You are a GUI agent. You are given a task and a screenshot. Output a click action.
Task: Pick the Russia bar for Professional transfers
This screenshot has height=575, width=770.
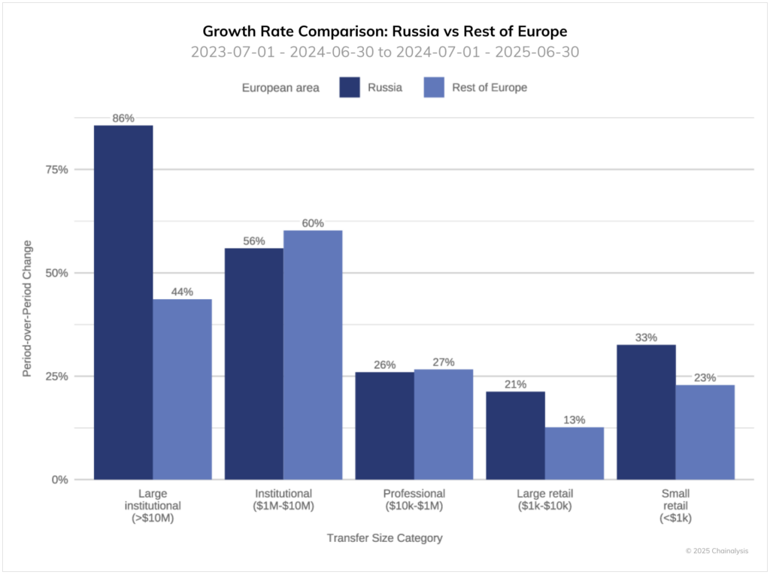click(x=384, y=425)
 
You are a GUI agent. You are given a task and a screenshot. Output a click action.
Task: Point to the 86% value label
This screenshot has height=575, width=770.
click(x=123, y=118)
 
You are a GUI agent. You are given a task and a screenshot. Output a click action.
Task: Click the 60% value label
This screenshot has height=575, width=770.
click(x=313, y=223)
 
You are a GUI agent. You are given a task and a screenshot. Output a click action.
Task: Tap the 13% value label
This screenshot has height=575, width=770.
click(x=574, y=419)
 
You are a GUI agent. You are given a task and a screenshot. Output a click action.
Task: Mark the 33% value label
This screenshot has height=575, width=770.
click(x=646, y=337)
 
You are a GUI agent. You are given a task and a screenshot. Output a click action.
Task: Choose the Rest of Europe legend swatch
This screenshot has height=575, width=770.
click(x=434, y=87)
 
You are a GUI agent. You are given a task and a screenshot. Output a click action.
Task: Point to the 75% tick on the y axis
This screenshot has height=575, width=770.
click(x=56, y=170)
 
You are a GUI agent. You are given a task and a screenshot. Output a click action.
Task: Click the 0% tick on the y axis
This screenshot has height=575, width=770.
click(x=59, y=480)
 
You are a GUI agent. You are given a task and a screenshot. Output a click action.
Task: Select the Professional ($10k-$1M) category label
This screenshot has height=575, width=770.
click(x=414, y=500)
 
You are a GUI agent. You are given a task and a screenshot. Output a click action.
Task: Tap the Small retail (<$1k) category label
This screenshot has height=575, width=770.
click(x=675, y=506)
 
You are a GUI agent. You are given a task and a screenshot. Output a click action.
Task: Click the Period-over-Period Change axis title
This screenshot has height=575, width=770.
click(x=28, y=309)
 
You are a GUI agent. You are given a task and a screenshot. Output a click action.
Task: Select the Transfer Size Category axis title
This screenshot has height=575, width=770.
click(x=384, y=538)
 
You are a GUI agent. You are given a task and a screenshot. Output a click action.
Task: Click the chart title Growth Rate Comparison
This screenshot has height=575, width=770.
click(x=384, y=32)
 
